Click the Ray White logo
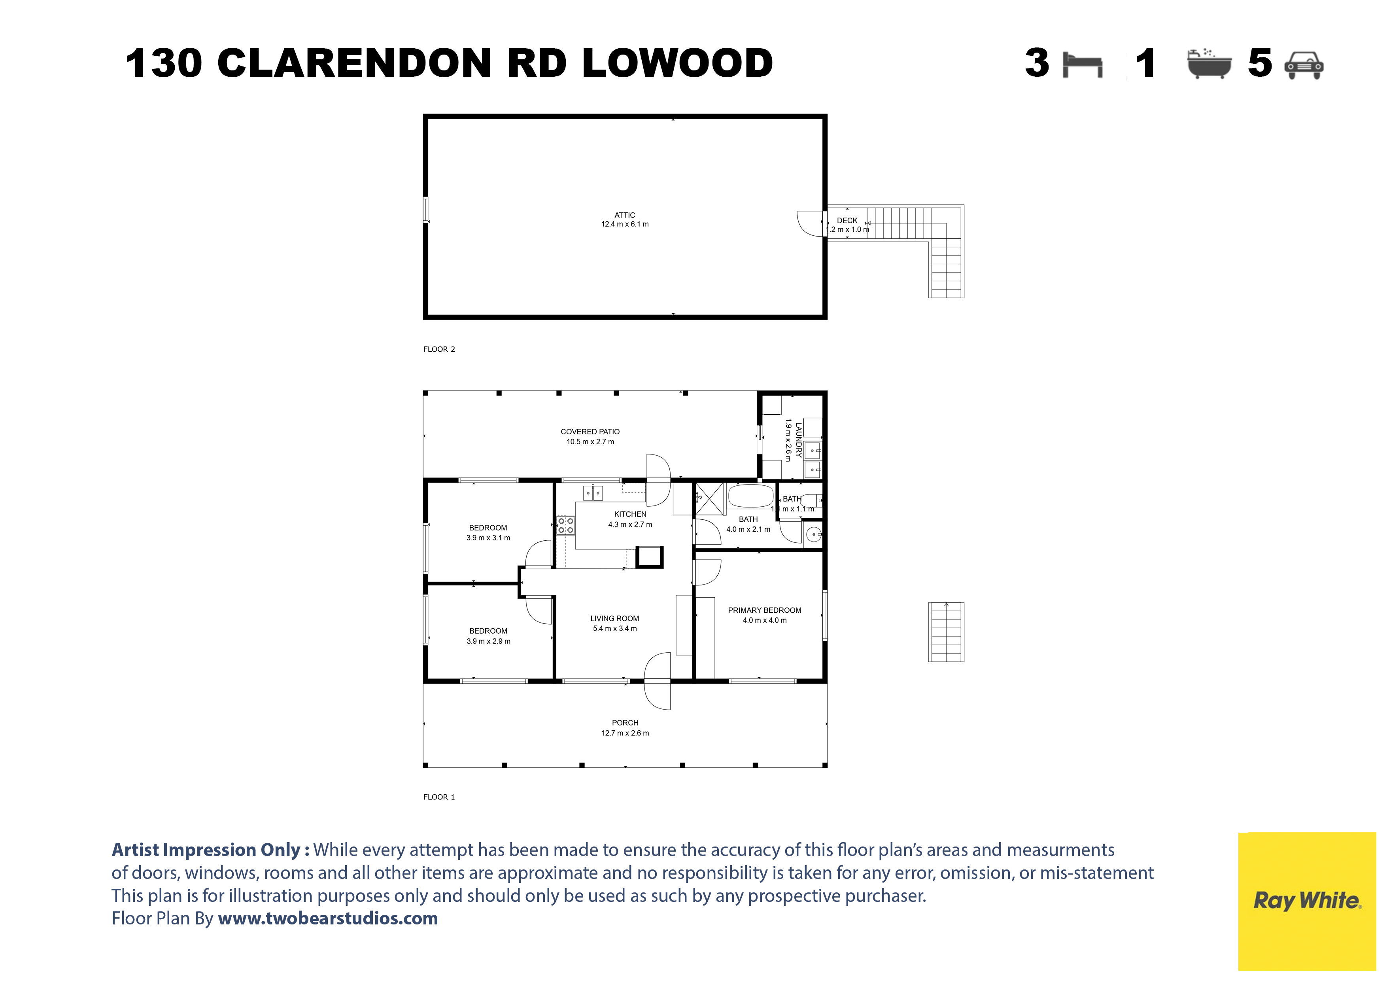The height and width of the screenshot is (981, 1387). coord(1307,901)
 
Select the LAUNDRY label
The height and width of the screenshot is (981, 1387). coord(799,440)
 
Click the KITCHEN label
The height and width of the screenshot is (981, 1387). coord(630,514)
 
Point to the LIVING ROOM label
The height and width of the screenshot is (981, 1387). coord(614,618)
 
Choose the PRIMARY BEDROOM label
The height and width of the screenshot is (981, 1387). coord(764,610)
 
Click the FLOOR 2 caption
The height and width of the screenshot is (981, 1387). coord(439,349)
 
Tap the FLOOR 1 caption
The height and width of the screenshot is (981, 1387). coord(439,797)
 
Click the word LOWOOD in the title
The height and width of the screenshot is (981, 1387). coord(677,63)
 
